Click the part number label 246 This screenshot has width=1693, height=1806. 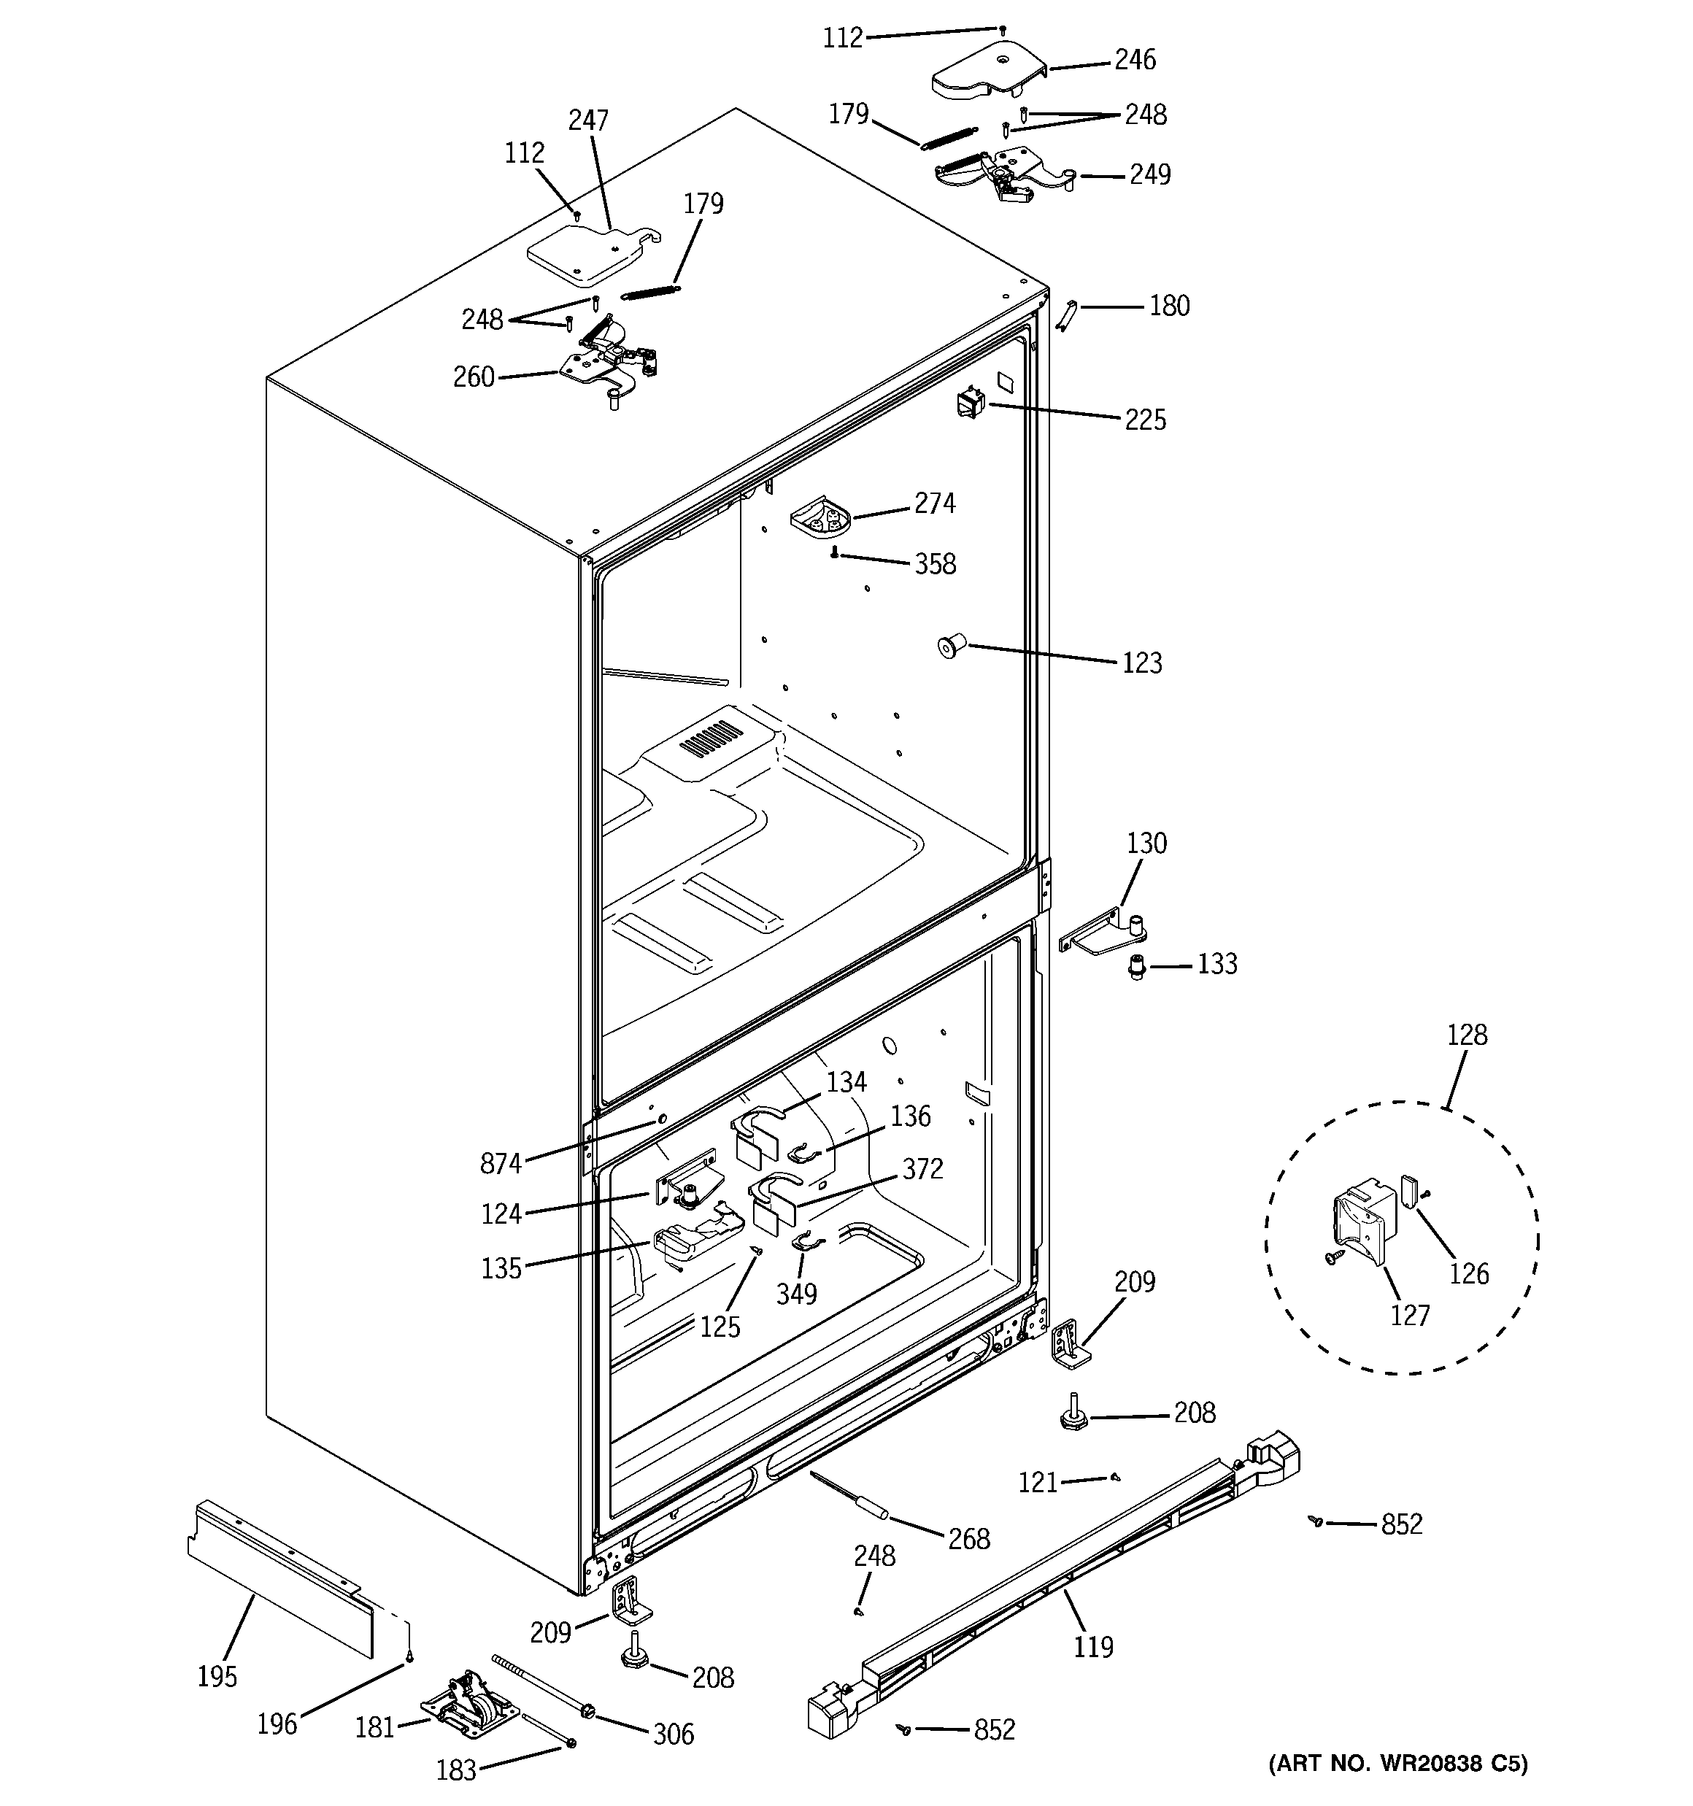tap(1135, 60)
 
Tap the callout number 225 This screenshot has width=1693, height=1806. tap(1145, 420)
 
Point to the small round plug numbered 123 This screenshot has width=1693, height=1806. tap(949, 647)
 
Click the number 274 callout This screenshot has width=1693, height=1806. tap(934, 503)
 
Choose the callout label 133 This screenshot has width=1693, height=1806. tap(1216, 964)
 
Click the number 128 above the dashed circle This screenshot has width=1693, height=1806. tap(1467, 1035)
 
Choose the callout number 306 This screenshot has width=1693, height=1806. tap(674, 1734)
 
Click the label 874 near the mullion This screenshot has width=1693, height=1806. tap(501, 1163)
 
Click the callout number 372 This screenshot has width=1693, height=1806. tap(922, 1168)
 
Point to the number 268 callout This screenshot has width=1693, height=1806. tap(968, 1538)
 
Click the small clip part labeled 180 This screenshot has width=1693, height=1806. tap(1067, 314)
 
